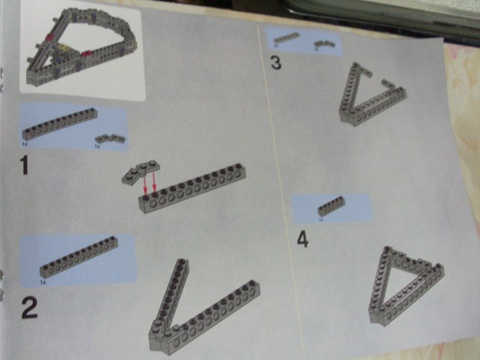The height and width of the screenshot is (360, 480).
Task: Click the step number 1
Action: point(25,164)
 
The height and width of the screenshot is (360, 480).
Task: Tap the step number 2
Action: point(28,307)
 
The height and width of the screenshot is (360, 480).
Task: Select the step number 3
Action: point(276,63)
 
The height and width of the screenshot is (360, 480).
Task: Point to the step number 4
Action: point(302,239)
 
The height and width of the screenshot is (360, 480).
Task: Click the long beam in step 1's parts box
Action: point(59,124)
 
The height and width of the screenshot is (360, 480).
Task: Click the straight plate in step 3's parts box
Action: point(285,38)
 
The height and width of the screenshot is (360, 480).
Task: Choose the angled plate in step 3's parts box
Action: point(322,46)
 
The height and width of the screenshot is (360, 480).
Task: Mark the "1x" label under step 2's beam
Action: point(43,283)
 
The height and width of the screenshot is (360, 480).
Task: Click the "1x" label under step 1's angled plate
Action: point(97,147)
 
